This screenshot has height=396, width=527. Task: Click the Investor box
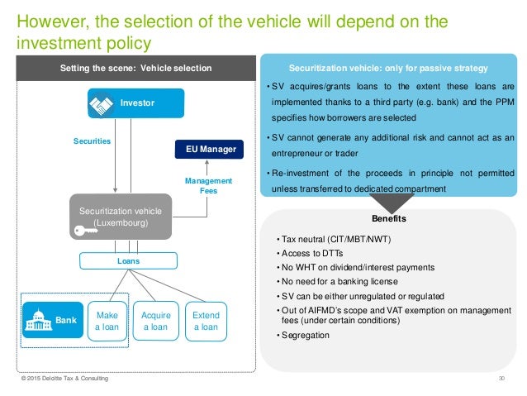point(135,103)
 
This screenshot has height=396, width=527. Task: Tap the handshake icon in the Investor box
point(102,103)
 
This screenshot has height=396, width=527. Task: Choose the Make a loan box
point(107,321)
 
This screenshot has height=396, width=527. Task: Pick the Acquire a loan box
point(156,321)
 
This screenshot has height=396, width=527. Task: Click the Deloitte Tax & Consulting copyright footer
point(64,380)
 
